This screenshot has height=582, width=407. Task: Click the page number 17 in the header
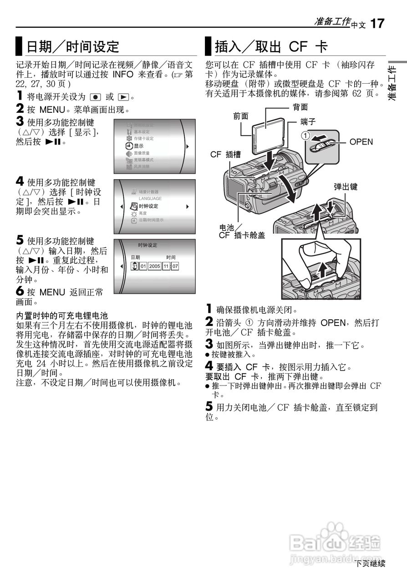pyautogui.click(x=377, y=23)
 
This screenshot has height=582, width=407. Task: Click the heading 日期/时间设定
pyautogui.click(x=72, y=46)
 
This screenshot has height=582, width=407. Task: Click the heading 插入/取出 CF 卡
pyautogui.click(x=271, y=46)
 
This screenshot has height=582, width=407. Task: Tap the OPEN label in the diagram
pyautogui.click(x=361, y=142)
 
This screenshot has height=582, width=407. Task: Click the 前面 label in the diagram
pyautogui.click(x=241, y=116)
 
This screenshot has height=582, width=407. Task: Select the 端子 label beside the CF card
pyautogui.click(x=308, y=121)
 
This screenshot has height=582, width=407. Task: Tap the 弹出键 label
pyautogui.click(x=346, y=187)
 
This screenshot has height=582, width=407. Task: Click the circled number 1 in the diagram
pyautogui.click(x=307, y=135)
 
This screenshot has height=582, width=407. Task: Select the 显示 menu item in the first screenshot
pyautogui.click(x=138, y=146)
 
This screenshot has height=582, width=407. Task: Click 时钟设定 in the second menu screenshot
pyautogui.click(x=148, y=206)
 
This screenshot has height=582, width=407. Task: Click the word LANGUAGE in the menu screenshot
pyautogui.click(x=150, y=198)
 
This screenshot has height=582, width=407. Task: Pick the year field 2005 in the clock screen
pyautogui.click(x=154, y=266)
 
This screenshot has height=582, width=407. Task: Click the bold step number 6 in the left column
pyautogui.click(x=20, y=292)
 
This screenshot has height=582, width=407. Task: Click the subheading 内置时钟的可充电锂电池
pyautogui.click(x=62, y=315)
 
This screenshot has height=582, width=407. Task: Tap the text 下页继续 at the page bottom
pyautogui.click(x=370, y=563)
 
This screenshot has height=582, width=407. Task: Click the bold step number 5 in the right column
pyautogui.click(x=209, y=407)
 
